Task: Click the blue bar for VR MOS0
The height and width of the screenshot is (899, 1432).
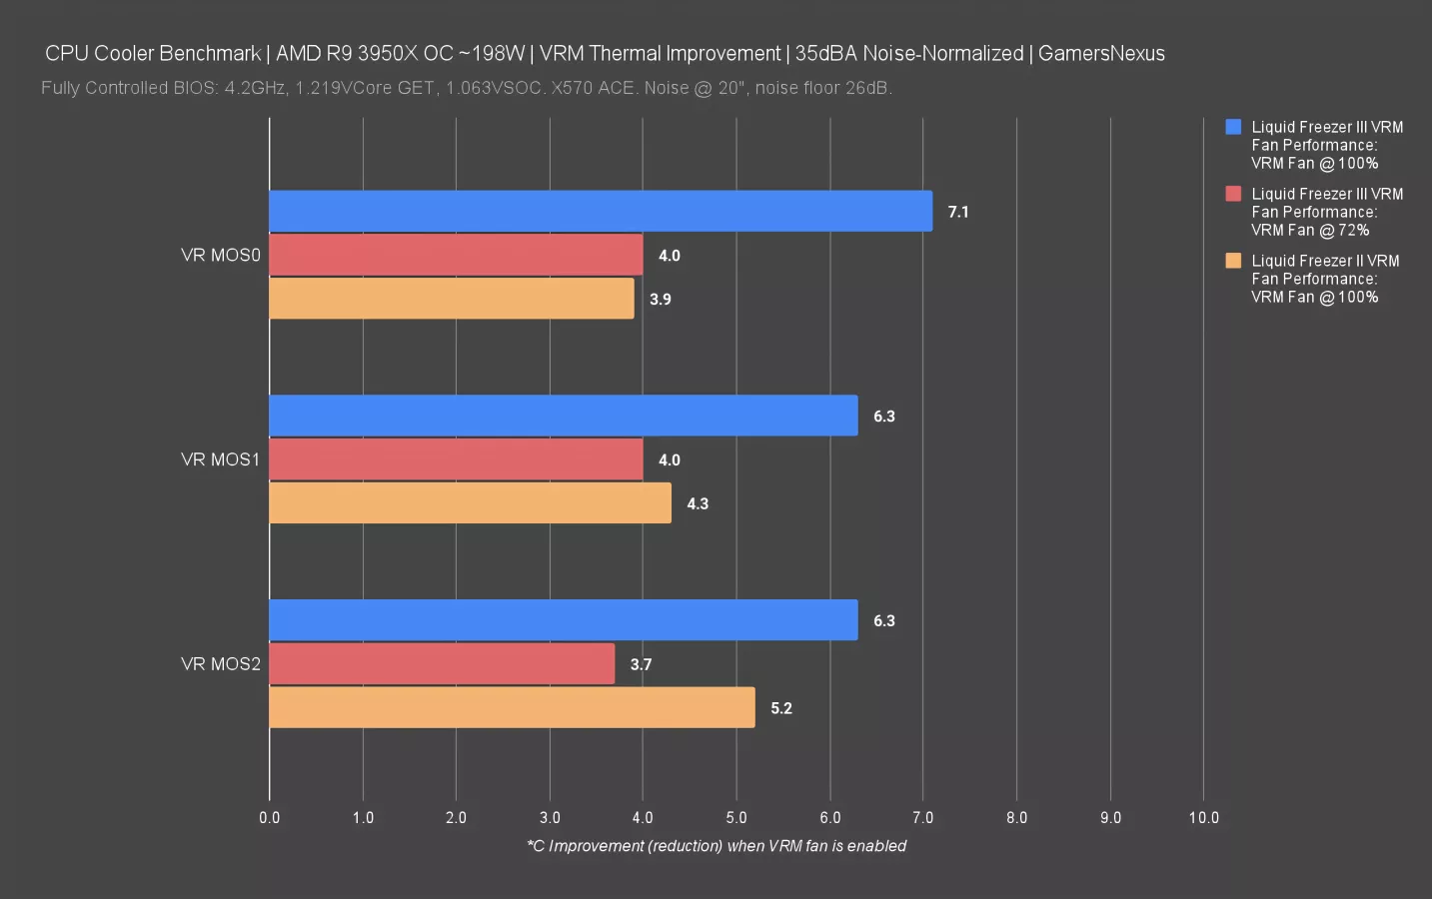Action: tap(600, 211)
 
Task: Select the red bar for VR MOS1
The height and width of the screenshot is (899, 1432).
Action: tap(456, 459)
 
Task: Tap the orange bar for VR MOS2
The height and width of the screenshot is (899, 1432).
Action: tap(512, 707)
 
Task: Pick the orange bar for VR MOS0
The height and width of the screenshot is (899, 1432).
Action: tap(452, 299)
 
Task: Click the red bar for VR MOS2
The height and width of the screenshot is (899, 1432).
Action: tap(442, 664)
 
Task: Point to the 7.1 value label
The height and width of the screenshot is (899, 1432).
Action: tap(957, 212)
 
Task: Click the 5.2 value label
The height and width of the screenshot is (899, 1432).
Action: tap(780, 708)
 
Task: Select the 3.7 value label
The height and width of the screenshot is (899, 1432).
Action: tap(641, 664)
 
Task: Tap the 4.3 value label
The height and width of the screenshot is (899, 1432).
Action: tap(697, 503)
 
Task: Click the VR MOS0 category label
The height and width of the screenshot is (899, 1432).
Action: tap(220, 255)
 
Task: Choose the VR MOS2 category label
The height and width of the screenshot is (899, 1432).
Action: tap(220, 664)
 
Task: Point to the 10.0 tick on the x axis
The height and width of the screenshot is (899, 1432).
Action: tap(1203, 817)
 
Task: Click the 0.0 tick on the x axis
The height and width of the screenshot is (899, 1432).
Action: tap(269, 817)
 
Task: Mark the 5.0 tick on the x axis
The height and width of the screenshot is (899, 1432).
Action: tap(735, 817)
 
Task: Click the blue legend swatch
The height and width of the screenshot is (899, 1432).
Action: tap(1233, 127)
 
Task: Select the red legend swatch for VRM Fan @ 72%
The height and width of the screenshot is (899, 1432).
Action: tap(1233, 194)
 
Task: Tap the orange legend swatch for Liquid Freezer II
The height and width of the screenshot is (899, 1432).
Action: tap(1233, 261)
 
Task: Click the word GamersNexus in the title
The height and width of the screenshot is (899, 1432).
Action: tap(1101, 54)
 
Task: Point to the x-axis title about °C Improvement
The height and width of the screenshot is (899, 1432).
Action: tap(716, 846)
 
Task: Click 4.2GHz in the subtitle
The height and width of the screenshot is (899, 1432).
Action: tap(255, 88)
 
